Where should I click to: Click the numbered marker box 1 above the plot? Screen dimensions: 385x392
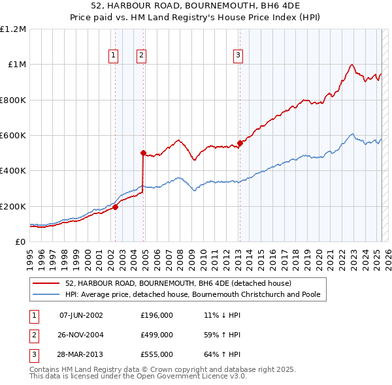click(114, 56)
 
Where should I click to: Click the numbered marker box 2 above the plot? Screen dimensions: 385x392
click(141, 56)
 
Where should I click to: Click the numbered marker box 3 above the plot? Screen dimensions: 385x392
click(238, 56)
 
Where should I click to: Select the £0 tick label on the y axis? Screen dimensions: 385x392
click(20, 242)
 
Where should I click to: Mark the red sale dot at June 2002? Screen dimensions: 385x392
click(115, 207)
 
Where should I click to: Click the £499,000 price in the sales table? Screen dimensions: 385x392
click(157, 335)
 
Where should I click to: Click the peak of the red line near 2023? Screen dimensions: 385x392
click(352, 64)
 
